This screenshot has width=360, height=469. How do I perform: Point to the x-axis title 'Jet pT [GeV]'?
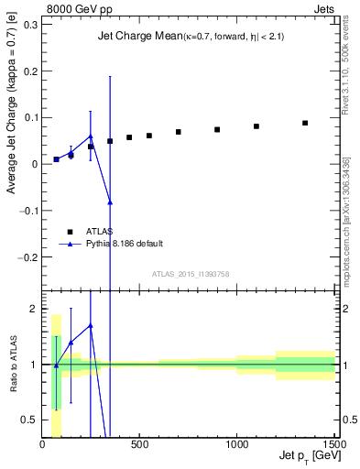click(x=306, y=455)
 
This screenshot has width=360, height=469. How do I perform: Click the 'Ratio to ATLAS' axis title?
click(x=12, y=365)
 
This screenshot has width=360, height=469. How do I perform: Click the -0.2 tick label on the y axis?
click(x=27, y=257)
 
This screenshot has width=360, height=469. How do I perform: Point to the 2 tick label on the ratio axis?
click(x=34, y=309)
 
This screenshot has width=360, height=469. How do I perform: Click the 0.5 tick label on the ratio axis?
click(x=29, y=420)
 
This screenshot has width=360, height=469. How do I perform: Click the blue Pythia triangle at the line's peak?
click(x=91, y=136)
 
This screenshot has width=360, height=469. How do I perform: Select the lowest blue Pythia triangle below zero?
click(x=110, y=202)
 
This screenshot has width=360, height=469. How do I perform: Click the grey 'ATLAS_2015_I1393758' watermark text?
click(x=190, y=274)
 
